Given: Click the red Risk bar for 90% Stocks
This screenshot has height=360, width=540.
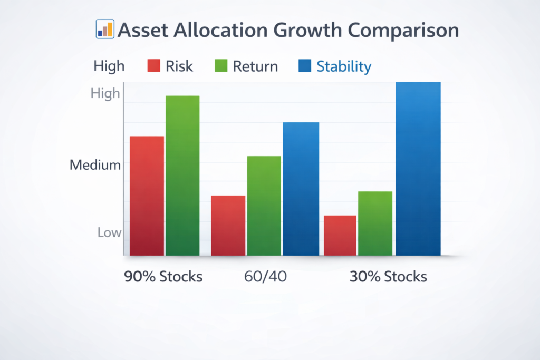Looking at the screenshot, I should click(x=147, y=196).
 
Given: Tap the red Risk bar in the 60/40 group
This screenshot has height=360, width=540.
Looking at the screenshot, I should click(x=228, y=226).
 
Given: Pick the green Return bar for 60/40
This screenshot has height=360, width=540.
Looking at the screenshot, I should click(x=264, y=206).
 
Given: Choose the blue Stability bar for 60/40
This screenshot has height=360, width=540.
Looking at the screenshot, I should click(x=301, y=189).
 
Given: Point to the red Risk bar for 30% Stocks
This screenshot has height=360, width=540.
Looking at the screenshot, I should click(x=340, y=236).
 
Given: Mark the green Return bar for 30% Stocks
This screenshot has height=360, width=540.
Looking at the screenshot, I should click(x=375, y=223).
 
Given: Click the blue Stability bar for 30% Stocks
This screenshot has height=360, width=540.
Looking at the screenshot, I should click(x=418, y=169).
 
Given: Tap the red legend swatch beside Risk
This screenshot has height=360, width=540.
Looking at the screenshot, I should click(x=153, y=66).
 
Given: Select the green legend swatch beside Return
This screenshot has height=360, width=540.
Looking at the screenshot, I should click(x=220, y=66).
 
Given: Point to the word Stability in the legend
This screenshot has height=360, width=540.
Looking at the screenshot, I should click(x=344, y=66).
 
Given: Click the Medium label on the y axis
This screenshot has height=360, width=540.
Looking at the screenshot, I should click(x=95, y=165).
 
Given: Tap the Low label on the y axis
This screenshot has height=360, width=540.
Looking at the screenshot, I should click(x=109, y=232).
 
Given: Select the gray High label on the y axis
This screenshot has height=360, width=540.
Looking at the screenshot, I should click(x=105, y=94).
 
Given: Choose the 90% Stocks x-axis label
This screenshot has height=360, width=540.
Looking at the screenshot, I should click(x=163, y=277).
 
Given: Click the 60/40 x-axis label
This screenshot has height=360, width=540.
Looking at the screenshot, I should click(x=265, y=277).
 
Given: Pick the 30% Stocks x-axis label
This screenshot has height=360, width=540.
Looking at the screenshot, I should click(x=388, y=277).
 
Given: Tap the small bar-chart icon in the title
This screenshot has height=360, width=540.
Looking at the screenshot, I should click(x=105, y=30).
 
